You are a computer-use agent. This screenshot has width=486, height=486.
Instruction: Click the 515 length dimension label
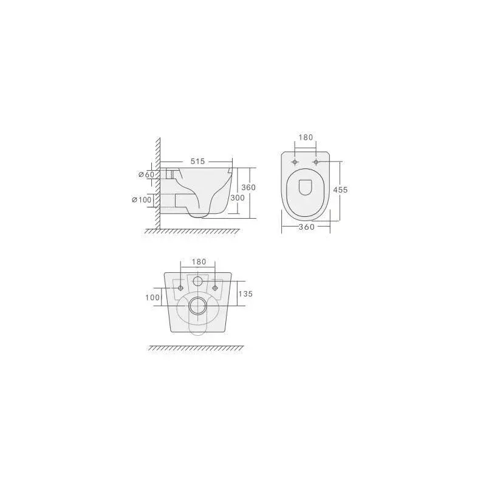(x=198, y=162)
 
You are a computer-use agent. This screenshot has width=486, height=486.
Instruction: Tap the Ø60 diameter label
(x=146, y=174)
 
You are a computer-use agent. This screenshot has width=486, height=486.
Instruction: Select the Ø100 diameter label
(x=142, y=200)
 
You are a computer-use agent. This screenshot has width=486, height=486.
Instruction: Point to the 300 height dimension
(x=238, y=198)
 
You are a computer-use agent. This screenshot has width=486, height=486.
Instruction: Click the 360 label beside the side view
(x=248, y=188)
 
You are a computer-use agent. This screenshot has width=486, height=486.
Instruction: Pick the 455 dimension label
(x=340, y=190)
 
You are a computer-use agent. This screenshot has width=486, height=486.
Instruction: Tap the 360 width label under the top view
(x=307, y=227)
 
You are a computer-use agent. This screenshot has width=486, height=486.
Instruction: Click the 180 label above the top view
(x=306, y=137)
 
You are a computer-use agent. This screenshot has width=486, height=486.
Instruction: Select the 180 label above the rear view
(x=199, y=262)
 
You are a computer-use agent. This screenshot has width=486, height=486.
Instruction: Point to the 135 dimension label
(x=245, y=293)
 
